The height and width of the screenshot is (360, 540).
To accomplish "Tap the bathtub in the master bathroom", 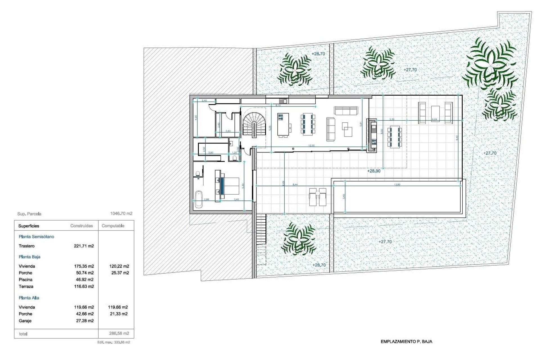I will tap(199, 199).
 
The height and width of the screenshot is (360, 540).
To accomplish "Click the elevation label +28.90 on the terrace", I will tap(374, 171).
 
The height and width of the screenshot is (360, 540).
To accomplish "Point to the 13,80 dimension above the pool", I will tap(397, 184).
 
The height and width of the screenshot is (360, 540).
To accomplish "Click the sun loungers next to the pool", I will tap(318, 197).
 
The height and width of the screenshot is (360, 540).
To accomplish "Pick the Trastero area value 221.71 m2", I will tap(84, 246).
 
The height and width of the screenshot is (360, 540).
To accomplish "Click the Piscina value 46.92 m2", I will tap(84, 280).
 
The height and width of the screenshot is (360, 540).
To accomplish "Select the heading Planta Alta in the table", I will tap(29, 298).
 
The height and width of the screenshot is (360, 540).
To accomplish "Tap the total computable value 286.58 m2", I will tap(119, 333).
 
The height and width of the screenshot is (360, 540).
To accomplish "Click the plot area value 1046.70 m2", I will tap(121, 213).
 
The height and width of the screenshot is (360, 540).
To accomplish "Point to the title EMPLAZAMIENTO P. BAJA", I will tap(406, 341).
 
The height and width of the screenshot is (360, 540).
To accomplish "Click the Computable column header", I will tap(113, 226).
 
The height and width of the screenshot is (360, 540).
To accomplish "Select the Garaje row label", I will tap(25, 321).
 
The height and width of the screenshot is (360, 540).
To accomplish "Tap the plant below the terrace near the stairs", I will tap(299, 238).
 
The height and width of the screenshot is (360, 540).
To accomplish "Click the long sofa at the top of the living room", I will tap(346, 111).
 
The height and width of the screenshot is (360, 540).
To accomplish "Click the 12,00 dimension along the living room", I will tap(311, 146).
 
